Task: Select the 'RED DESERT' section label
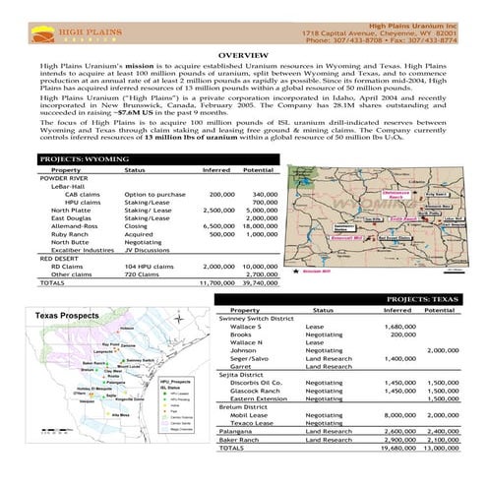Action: (x=58, y=258)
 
